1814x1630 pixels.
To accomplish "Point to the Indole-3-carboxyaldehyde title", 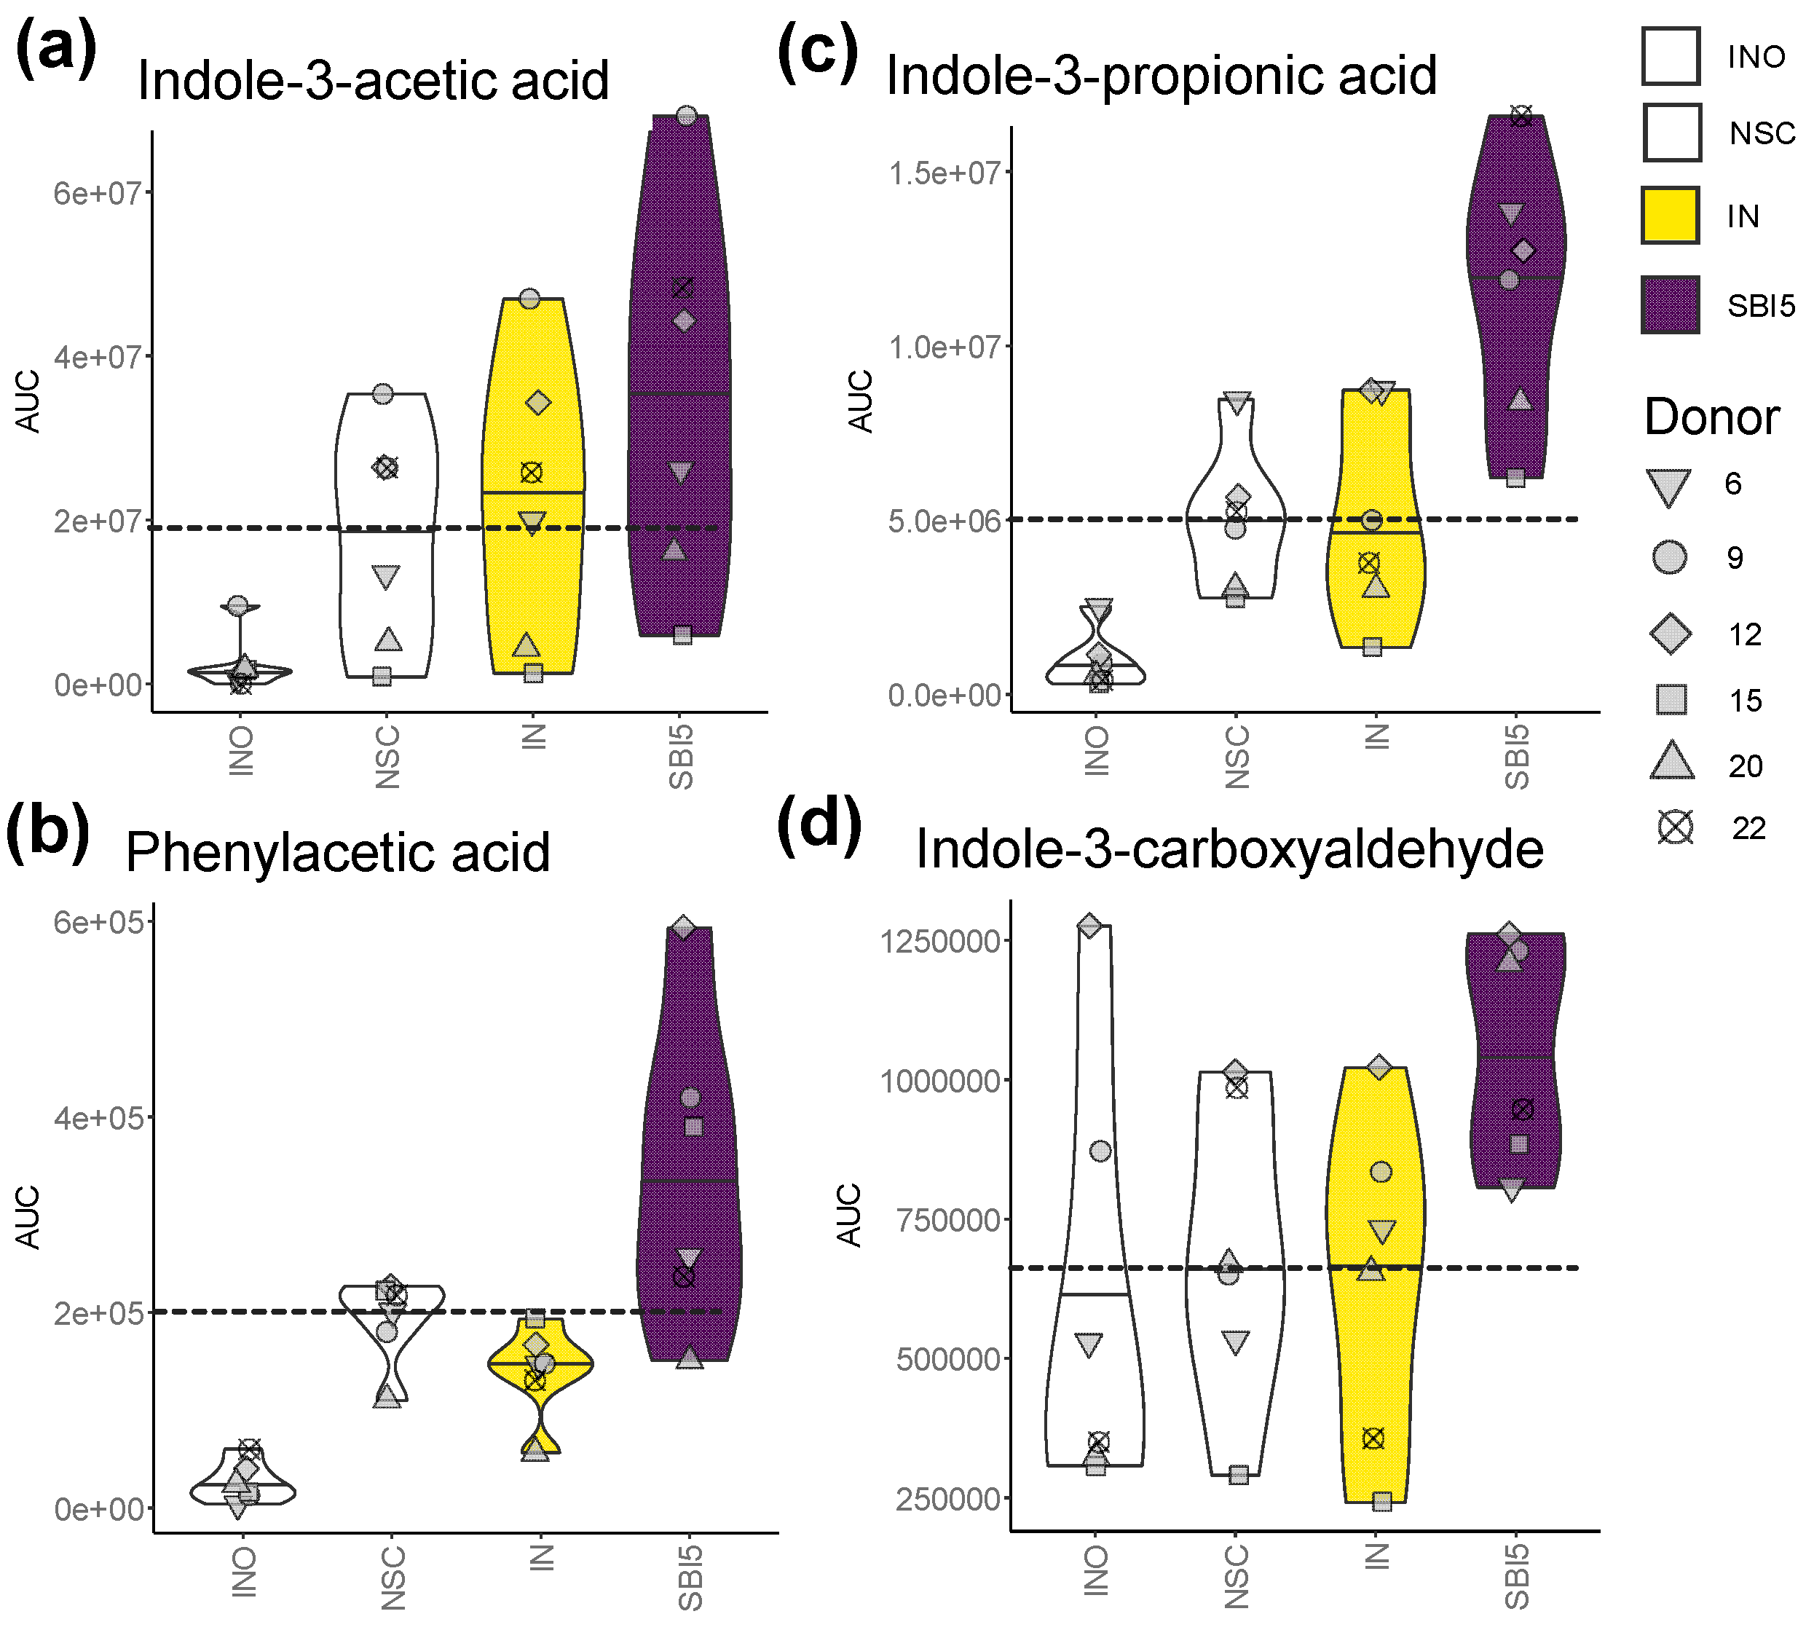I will tap(1229, 849).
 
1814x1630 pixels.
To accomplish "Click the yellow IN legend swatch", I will tap(1670, 216).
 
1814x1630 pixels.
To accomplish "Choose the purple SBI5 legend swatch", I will tap(1670, 305).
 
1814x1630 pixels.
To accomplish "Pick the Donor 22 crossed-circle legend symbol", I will tap(1674, 827).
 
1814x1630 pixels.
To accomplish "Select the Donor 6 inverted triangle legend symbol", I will tap(1669, 487).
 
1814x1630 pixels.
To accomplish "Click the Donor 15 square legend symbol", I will tap(1671, 699).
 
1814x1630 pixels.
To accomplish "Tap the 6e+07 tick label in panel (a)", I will tap(98, 192).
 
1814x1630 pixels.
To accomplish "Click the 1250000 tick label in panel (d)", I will tap(940, 941).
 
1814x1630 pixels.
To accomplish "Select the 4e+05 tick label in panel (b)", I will tap(98, 1118).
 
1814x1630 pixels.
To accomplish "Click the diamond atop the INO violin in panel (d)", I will tap(1089, 926).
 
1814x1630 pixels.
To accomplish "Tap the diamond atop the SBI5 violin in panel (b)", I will tap(684, 927).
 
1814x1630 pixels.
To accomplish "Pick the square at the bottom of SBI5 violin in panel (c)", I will tap(1515, 479).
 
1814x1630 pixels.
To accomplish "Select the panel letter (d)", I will tap(819, 826).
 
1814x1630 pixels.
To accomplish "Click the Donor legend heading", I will tap(1711, 417).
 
